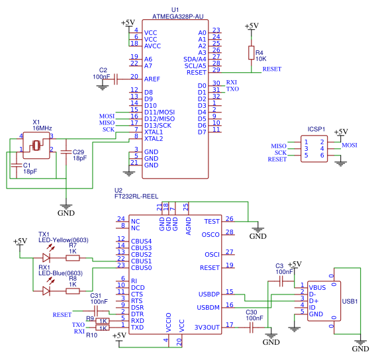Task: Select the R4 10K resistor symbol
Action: [251, 53]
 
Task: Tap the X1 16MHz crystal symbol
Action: [37, 143]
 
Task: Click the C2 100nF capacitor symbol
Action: [115, 79]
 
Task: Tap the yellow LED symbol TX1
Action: [46, 257]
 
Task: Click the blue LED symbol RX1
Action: [46, 290]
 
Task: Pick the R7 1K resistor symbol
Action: [72, 257]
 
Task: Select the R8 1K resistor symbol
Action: [72, 290]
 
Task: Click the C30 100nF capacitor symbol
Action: [252, 327]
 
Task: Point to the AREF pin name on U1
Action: [152, 79]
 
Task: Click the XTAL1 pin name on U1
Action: [154, 132]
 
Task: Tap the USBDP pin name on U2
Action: [209, 294]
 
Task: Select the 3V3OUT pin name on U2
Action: [208, 327]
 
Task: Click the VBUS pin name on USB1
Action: [317, 288]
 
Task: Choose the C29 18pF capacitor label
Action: [79, 155]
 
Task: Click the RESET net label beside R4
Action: [271, 69]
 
